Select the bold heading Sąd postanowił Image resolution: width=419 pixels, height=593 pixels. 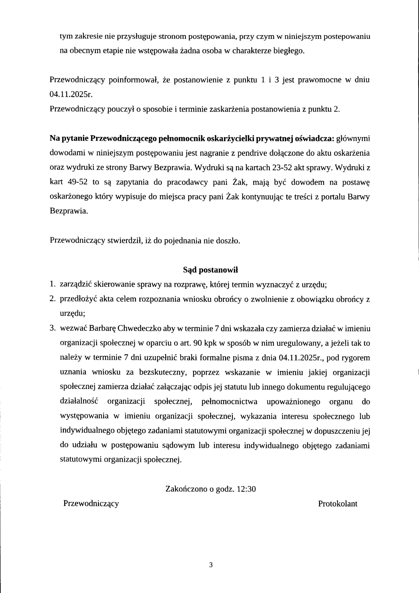pyautogui.click(x=210, y=270)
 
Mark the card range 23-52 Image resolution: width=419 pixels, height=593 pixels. pyautogui.click(x=282, y=168)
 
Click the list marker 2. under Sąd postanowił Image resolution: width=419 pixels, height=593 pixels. pyautogui.click(x=53, y=299)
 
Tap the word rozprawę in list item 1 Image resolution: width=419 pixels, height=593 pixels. pyautogui.click(x=189, y=285)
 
